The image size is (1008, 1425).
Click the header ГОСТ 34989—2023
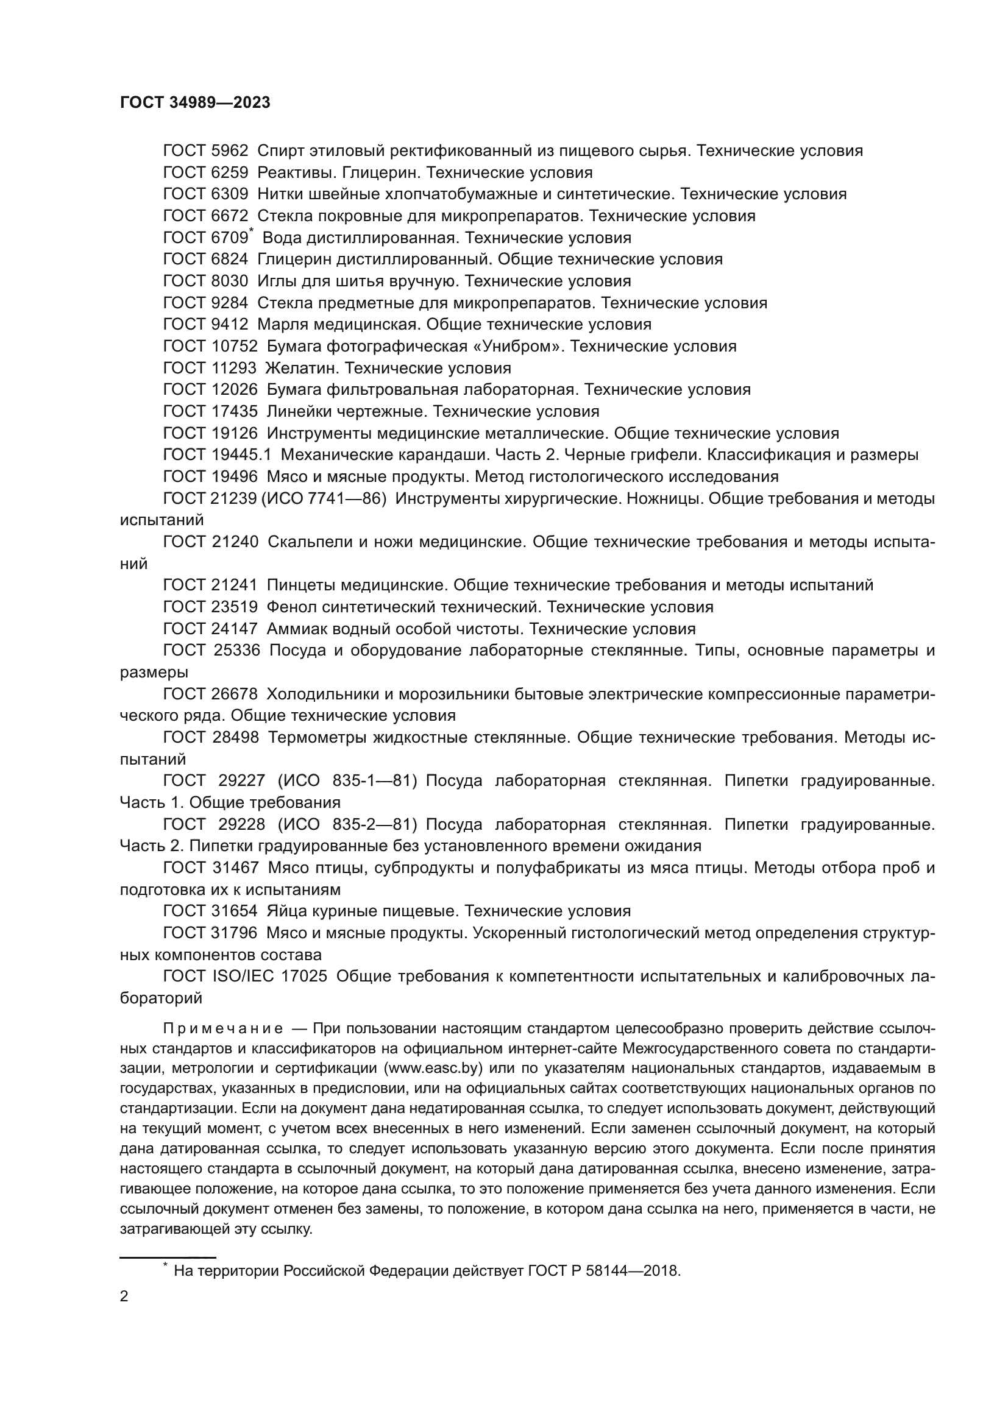[195, 103]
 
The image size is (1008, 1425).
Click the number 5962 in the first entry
[230, 151]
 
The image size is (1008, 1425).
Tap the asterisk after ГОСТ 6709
[251, 232]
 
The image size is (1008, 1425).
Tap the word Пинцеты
[300, 585]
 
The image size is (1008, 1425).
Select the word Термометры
[314, 737]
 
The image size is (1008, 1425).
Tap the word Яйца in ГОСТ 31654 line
[283, 911]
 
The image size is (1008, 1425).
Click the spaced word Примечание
[223, 1029]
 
